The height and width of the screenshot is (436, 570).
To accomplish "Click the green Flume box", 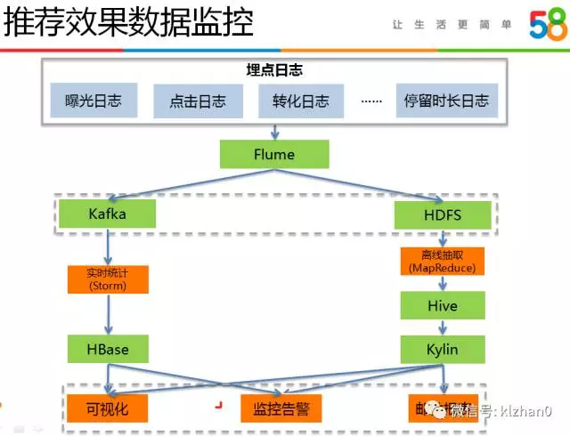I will point(274,154).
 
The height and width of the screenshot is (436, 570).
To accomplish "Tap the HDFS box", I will point(442,215).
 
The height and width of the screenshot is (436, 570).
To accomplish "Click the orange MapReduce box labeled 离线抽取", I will point(442,261).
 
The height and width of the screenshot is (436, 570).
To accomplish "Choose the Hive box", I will point(442,306).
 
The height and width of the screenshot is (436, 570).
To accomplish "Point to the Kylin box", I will point(442,349).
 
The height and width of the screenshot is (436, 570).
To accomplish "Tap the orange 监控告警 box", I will point(281,408).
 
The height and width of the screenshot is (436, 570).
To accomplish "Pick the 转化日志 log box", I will point(295,101).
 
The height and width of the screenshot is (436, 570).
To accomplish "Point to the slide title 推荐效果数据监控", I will point(128,22).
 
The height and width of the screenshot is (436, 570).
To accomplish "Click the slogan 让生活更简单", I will point(452,25).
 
